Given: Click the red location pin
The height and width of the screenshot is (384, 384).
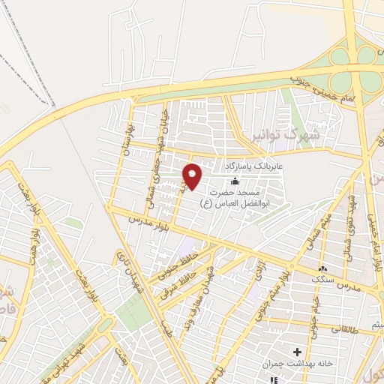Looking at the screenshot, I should [x=193, y=176].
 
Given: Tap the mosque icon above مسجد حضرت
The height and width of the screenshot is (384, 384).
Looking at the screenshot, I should [x=235, y=181].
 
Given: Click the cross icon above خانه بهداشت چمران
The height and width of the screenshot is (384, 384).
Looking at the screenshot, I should [x=297, y=351].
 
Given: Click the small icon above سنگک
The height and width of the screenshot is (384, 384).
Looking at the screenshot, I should [x=322, y=268].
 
